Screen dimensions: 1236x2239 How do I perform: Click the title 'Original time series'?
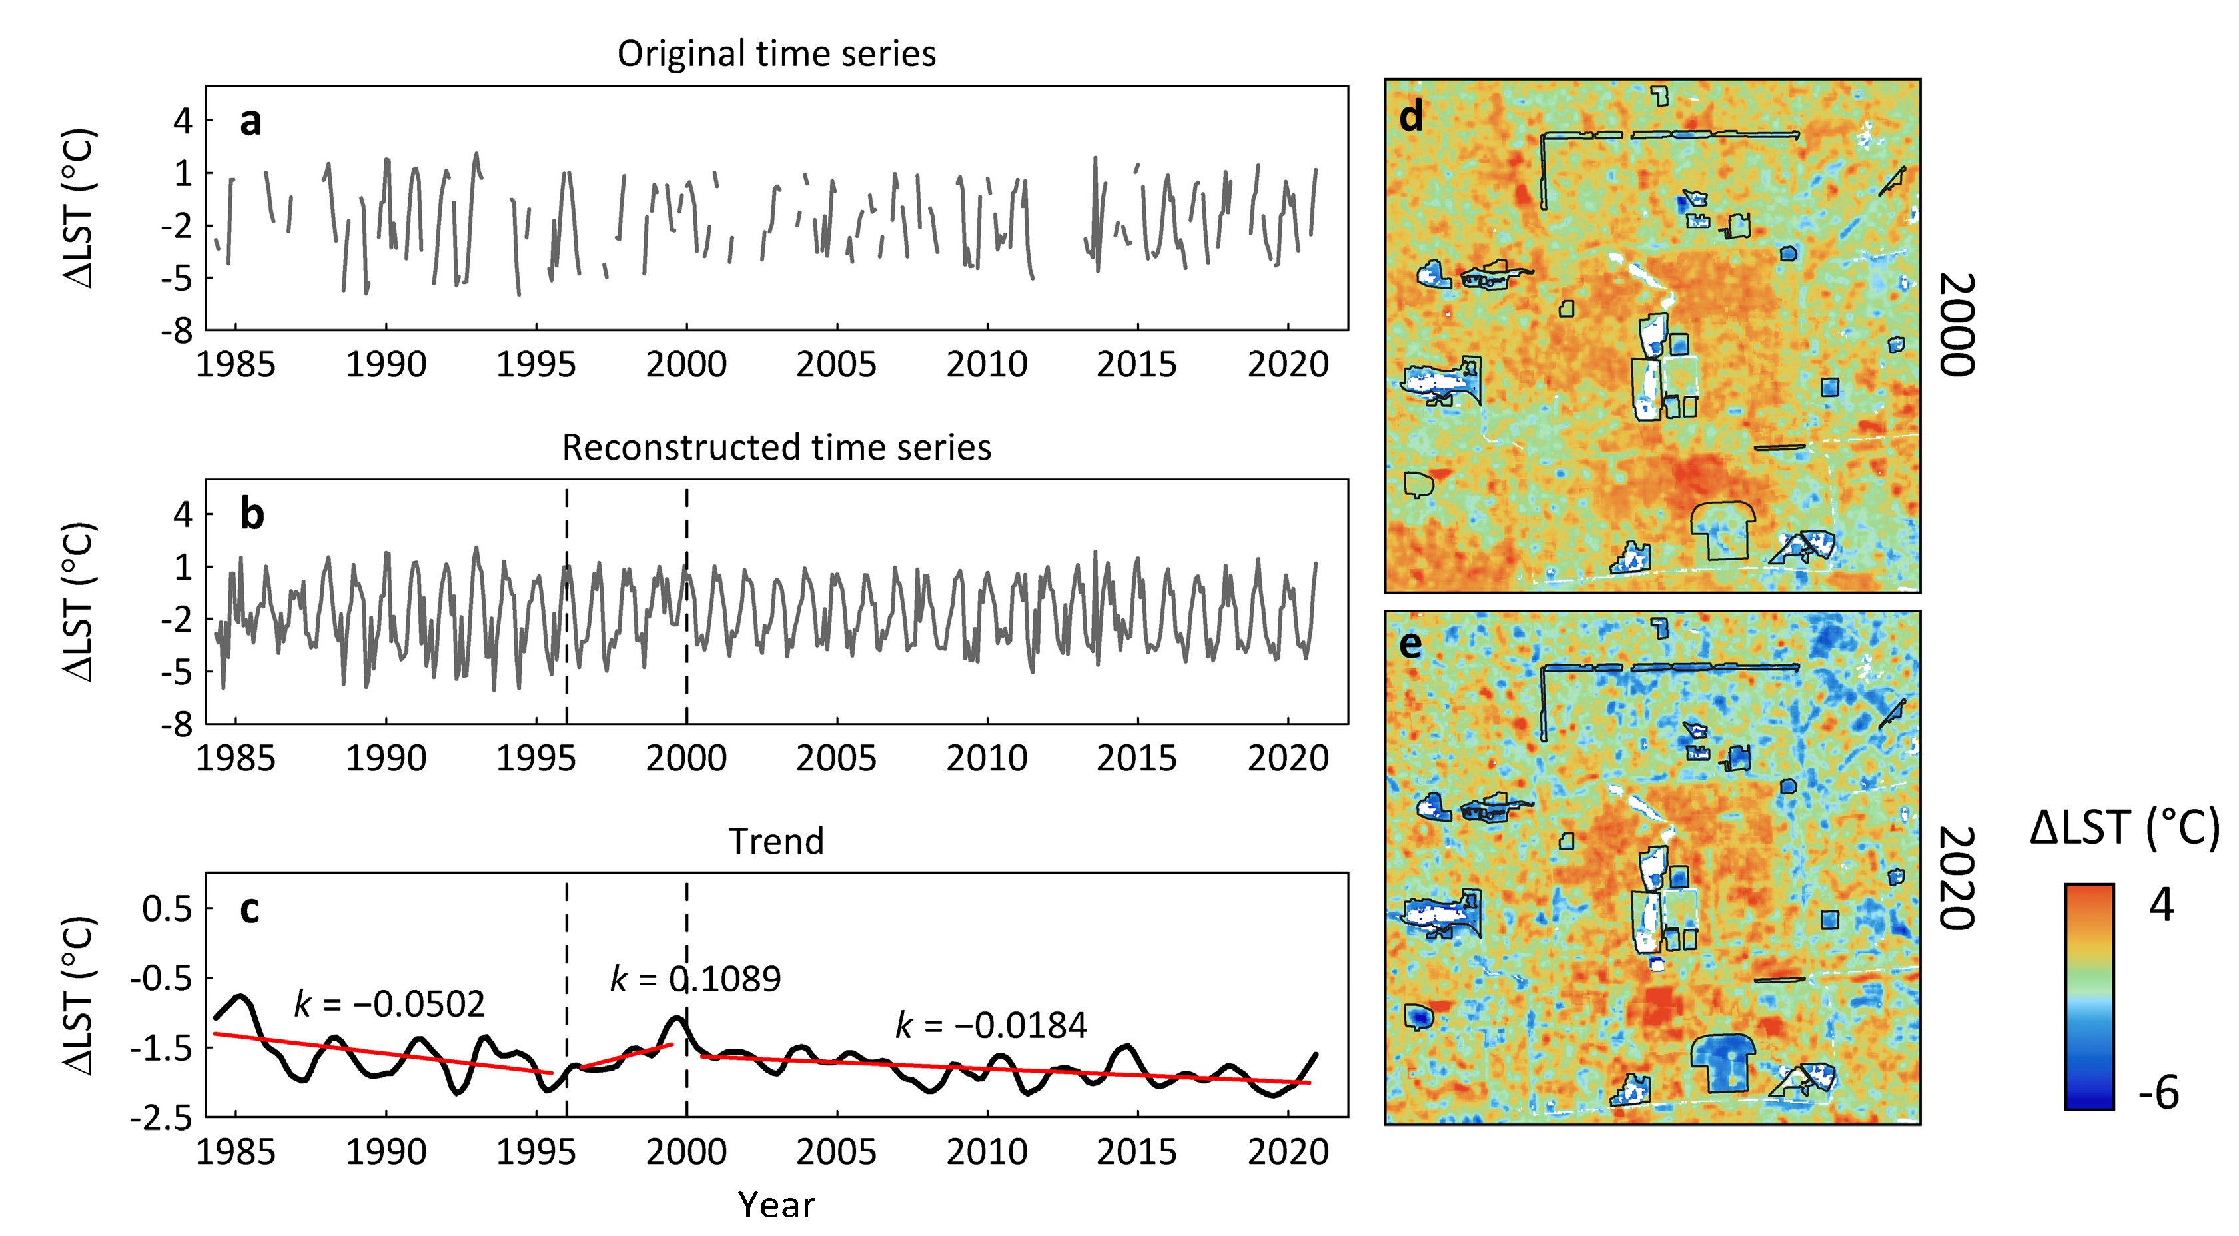click(776, 54)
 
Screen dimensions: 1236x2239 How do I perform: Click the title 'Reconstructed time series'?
click(776, 448)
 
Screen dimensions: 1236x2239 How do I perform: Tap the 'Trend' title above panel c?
click(776, 842)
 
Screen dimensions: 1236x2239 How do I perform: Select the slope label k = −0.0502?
click(390, 1004)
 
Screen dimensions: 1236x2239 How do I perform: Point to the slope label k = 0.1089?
click(695, 979)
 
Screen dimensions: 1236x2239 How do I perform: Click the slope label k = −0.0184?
click(991, 1025)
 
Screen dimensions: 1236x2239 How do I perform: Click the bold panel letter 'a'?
click(250, 122)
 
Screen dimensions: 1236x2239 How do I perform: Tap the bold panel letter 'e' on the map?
click(1411, 645)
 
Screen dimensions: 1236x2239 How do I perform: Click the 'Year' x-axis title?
click(776, 1205)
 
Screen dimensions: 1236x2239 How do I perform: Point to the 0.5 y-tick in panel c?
click(167, 908)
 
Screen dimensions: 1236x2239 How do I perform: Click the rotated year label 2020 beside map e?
click(1957, 878)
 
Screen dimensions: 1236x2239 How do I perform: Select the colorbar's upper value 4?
click(2162, 905)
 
